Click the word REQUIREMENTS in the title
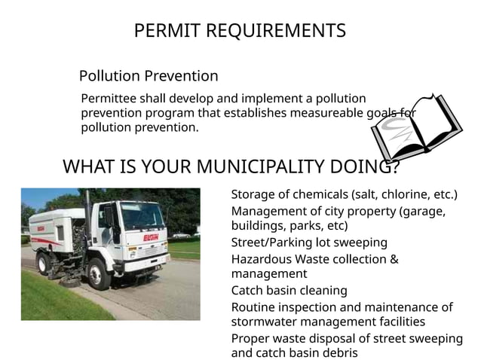pos(275,31)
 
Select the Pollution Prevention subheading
pos(149,76)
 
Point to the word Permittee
pos(109,99)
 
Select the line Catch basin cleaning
pos(289,290)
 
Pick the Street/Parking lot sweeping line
pos(309,243)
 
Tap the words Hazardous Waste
pos(281,259)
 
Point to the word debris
pos(336,352)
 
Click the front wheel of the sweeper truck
pos(100,273)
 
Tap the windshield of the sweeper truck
pos(142,216)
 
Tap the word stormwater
pos(265,323)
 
